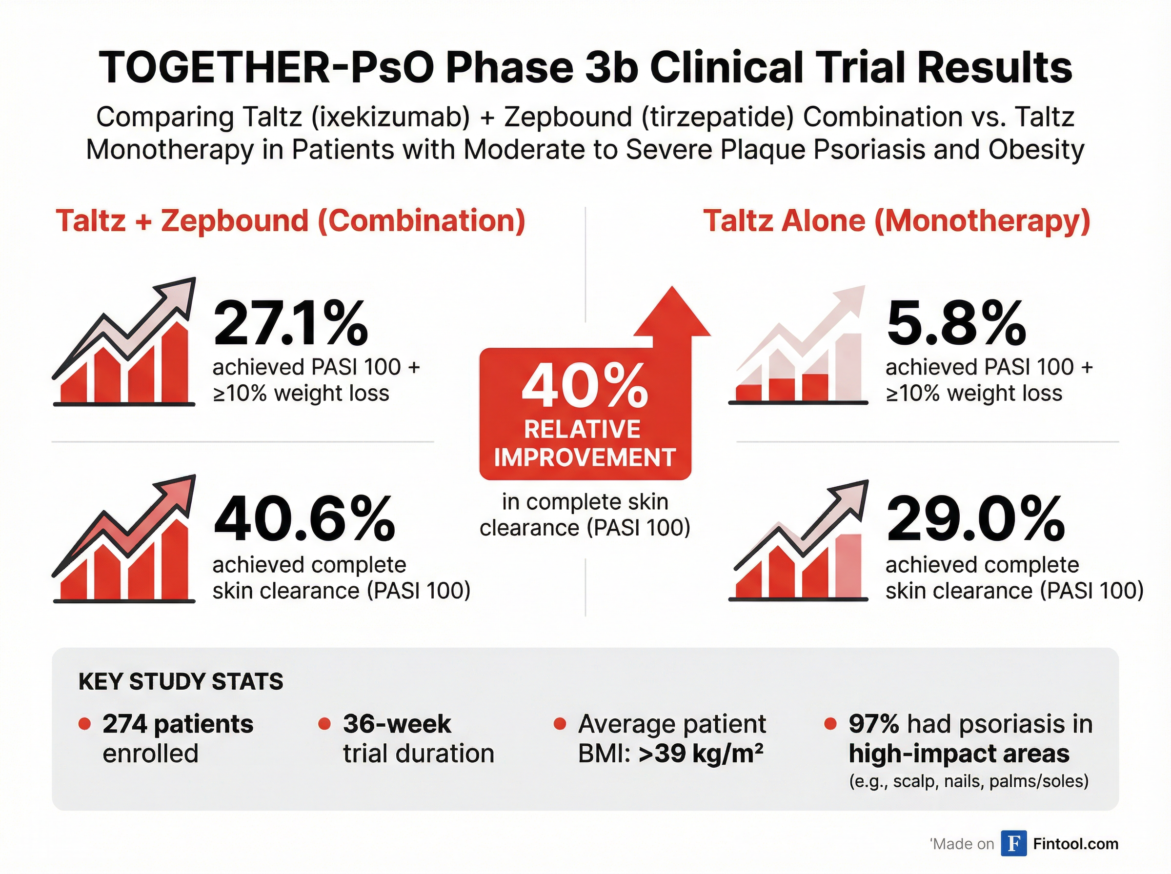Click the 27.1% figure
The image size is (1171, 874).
click(290, 323)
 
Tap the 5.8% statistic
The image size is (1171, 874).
click(956, 323)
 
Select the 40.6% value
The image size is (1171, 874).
click(304, 519)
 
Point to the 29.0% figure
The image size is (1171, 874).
click(975, 519)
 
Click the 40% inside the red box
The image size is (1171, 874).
click(585, 387)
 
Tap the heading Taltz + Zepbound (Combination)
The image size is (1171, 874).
click(290, 220)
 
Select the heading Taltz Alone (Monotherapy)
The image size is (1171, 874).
click(896, 220)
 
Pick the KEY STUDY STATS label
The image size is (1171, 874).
click(181, 681)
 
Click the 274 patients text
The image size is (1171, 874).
click(178, 724)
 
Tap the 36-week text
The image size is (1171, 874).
click(397, 724)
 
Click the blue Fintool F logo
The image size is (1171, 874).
click(1013, 843)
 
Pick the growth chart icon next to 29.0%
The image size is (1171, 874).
click(799, 542)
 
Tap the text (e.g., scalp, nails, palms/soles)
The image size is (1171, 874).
click(969, 781)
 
